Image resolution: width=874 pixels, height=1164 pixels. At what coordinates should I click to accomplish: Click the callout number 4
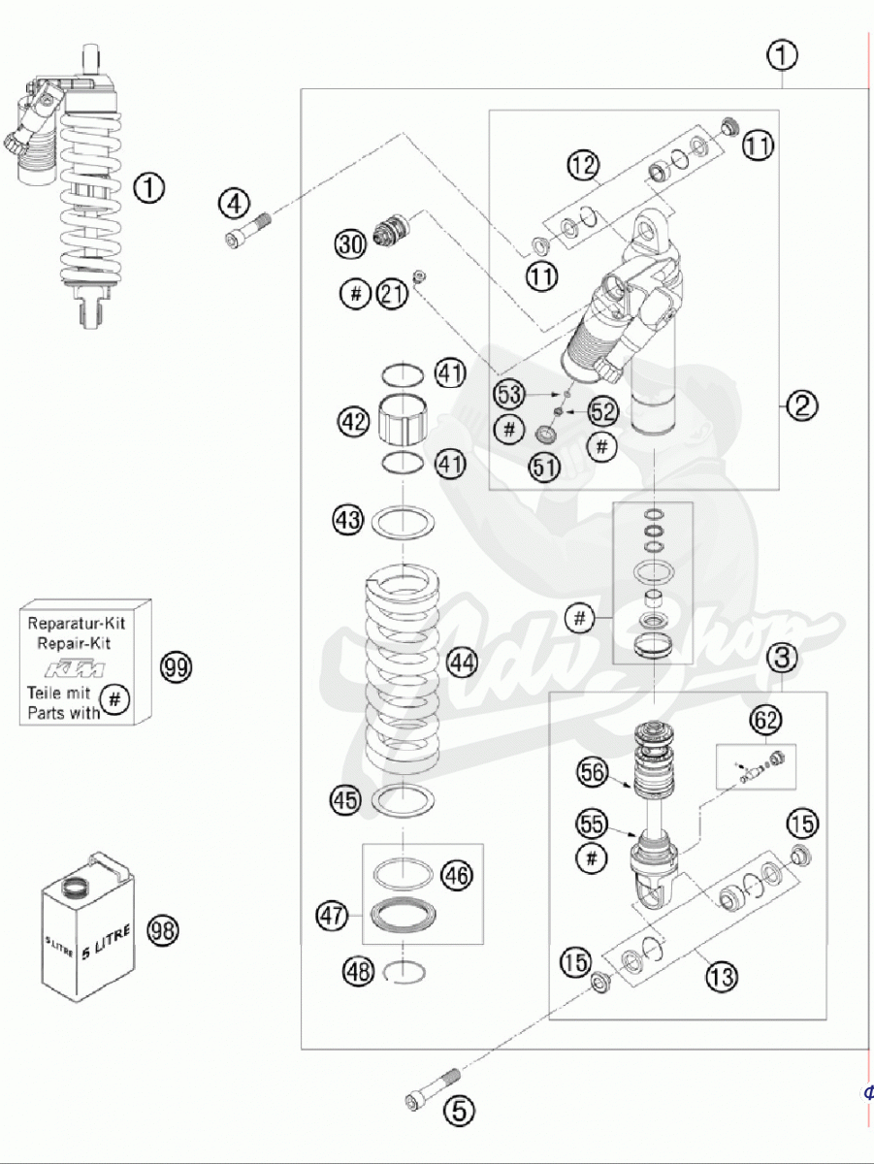[x=234, y=204]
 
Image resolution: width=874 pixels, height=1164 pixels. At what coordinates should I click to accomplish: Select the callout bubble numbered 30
[x=350, y=242]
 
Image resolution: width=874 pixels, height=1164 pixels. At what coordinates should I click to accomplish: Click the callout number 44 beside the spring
[x=462, y=663]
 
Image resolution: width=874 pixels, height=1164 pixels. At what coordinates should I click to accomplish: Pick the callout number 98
[x=164, y=931]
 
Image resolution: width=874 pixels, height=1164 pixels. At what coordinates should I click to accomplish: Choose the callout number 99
[x=177, y=667]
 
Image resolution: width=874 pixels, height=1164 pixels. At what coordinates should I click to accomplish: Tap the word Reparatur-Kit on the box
[x=78, y=625]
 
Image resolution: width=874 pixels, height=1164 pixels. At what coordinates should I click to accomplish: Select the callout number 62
[x=765, y=720]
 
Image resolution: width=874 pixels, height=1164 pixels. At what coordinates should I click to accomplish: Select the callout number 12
[x=584, y=165]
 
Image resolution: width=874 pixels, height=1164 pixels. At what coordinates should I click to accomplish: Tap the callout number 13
[x=721, y=976]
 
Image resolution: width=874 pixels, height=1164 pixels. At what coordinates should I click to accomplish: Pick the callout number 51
[x=543, y=468]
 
